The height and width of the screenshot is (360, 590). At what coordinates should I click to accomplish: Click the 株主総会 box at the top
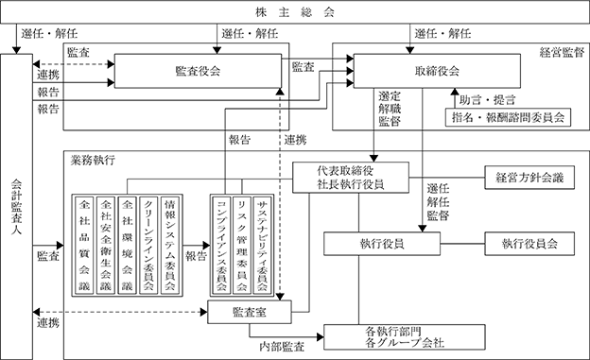click(295, 12)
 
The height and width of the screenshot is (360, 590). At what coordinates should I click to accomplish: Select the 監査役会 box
click(198, 71)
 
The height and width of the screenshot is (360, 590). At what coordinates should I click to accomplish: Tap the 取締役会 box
click(437, 71)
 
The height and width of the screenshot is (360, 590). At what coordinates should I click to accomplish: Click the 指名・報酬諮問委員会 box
click(508, 117)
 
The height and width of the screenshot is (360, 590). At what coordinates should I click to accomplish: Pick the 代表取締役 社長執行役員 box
click(351, 178)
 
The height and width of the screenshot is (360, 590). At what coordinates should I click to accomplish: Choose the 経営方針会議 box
click(529, 178)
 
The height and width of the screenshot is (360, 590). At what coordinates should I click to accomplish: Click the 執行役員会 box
click(529, 244)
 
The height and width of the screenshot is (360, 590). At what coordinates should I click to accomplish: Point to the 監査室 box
click(250, 312)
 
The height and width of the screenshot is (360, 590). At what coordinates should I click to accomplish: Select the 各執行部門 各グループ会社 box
click(405, 337)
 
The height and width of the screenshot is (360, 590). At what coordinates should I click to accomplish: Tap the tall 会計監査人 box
click(17, 207)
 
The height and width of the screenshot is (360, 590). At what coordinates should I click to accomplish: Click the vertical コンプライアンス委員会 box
click(221, 244)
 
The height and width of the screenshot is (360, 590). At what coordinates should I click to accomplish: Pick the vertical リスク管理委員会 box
click(242, 244)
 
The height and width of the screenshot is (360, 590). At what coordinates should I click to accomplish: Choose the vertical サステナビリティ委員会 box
click(262, 244)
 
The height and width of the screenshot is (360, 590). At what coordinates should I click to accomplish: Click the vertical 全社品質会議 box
click(84, 244)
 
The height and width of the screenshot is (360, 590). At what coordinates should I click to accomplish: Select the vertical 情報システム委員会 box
click(170, 244)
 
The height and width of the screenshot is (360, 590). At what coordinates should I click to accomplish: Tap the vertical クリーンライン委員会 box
click(148, 244)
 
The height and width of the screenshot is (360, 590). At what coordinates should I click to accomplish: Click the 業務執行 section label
click(93, 161)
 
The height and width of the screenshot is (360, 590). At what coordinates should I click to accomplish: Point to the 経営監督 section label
click(562, 52)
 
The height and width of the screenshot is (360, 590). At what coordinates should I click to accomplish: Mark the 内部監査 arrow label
click(282, 347)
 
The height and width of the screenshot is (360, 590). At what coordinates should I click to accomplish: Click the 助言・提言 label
click(487, 100)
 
